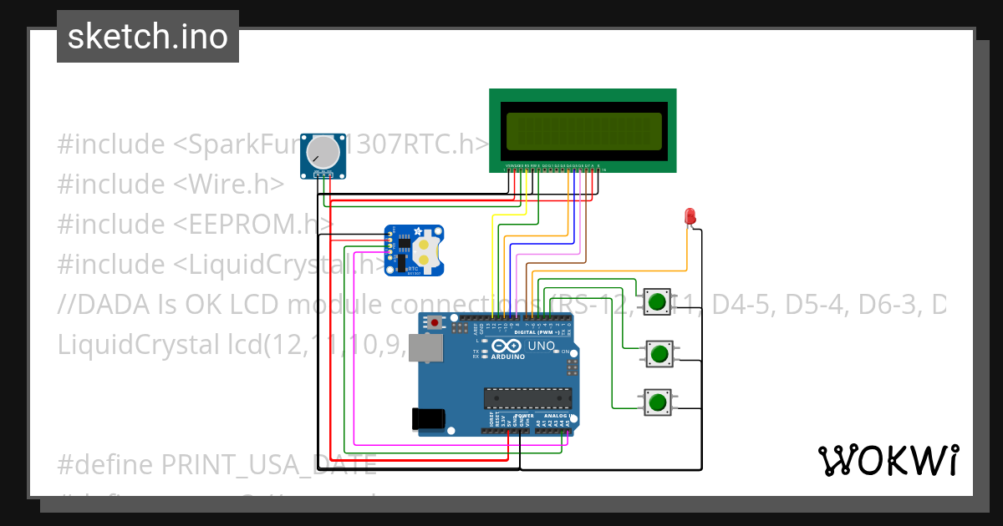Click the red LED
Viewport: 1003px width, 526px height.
point(690,216)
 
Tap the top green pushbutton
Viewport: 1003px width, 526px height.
point(658,301)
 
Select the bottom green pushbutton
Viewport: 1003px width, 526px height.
point(658,402)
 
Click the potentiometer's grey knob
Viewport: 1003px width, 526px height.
point(323,152)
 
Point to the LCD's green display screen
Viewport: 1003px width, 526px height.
point(583,130)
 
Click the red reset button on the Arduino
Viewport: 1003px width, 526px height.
point(435,322)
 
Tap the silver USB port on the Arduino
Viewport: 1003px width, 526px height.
point(424,348)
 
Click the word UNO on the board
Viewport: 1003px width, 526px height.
point(542,346)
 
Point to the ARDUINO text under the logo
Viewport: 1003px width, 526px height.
point(508,357)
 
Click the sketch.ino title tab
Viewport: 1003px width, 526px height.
point(148,37)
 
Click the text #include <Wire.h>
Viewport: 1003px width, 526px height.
point(171,185)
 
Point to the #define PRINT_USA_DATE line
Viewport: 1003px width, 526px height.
point(216,464)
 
